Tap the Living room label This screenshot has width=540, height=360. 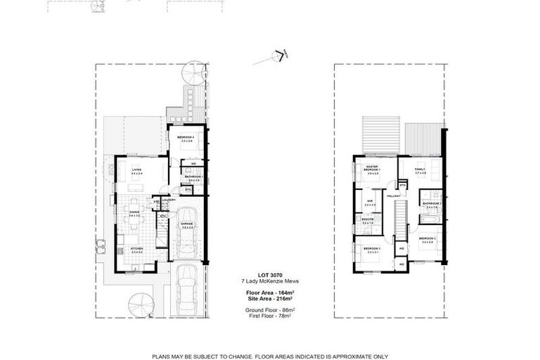(135, 169)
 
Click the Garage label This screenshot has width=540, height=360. (187, 225)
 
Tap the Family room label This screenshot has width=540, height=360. (420, 169)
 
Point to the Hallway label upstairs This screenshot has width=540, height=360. (394, 195)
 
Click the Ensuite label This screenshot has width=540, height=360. (368, 219)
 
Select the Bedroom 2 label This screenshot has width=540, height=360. (427, 239)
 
